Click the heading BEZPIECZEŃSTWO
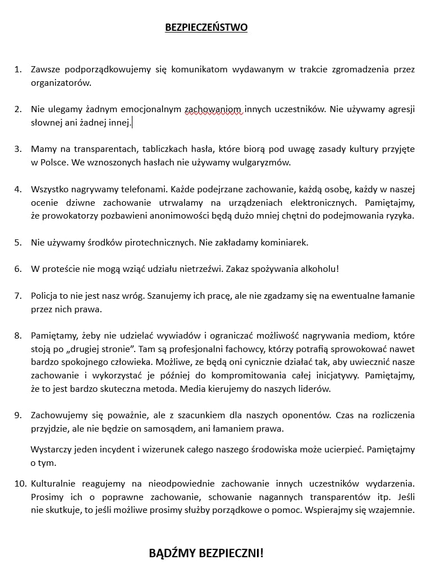tap(206, 27)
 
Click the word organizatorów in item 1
tap(61, 82)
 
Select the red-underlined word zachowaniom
tap(213, 109)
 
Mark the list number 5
tap(18, 242)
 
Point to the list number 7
tap(18, 295)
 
